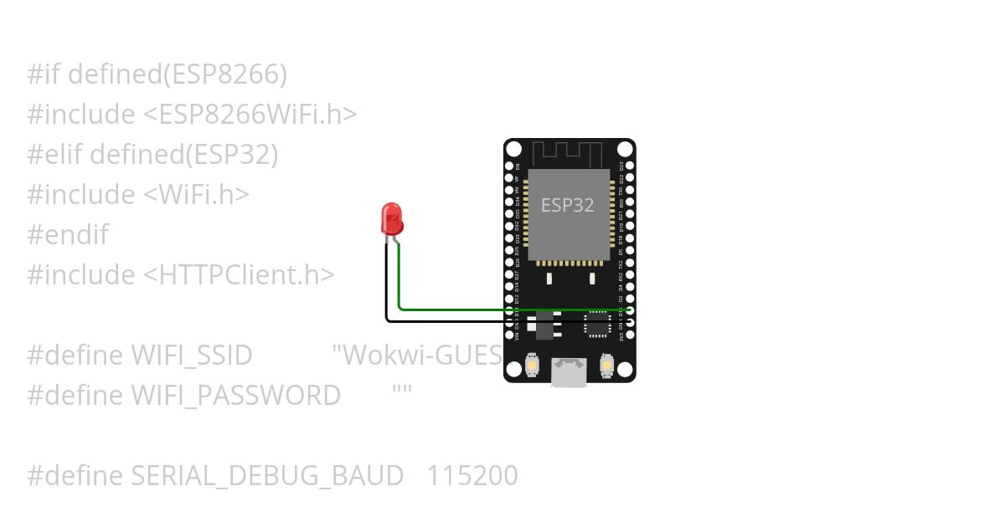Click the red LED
[x=391, y=218]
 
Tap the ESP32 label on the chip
[x=568, y=205]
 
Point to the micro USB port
[x=569, y=372]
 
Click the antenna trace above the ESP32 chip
[x=568, y=154]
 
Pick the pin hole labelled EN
[x=509, y=166]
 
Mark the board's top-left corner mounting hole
[x=514, y=150]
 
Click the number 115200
[x=472, y=476]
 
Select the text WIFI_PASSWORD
[x=235, y=396]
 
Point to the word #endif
[x=68, y=235]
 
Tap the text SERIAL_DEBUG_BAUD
[x=267, y=476]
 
